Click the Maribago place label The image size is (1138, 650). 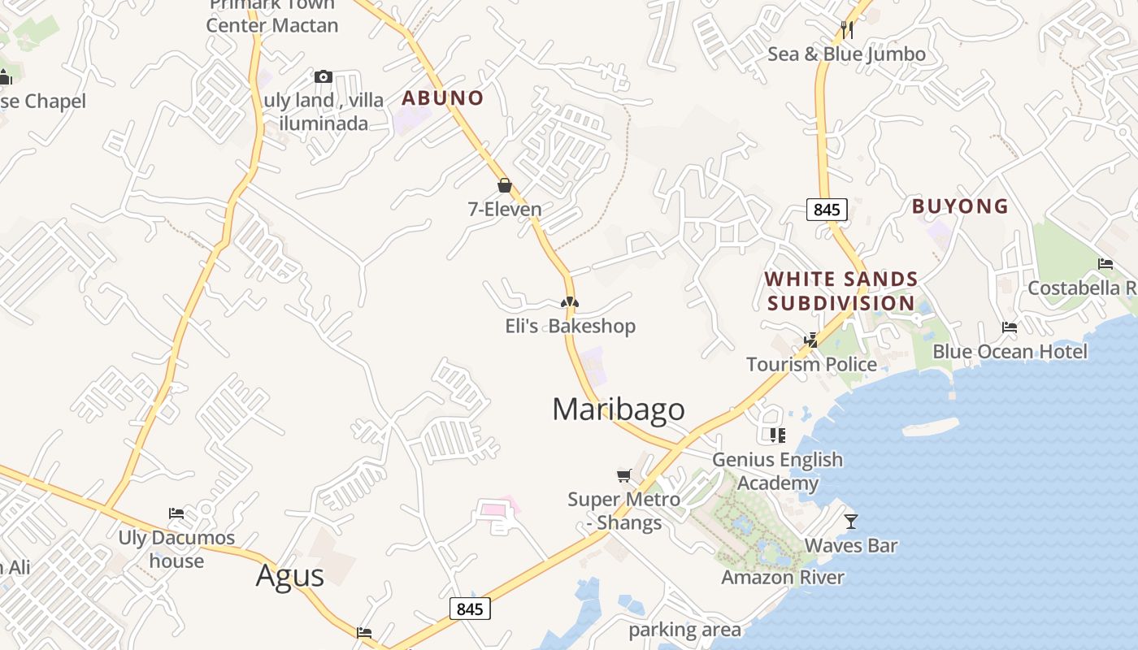point(619,409)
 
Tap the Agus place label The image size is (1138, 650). point(290,575)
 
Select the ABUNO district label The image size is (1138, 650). point(443,98)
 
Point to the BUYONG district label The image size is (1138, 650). point(960,206)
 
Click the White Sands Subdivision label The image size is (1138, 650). point(841,291)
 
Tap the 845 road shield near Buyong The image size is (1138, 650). point(827,210)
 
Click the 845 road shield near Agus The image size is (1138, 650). point(470,609)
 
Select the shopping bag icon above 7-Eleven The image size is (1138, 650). point(505,186)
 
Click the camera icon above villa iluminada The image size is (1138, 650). point(324,77)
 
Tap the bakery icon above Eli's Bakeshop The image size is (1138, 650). point(570,302)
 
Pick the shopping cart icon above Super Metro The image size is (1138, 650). point(623,475)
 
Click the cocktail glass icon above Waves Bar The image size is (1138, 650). point(851,521)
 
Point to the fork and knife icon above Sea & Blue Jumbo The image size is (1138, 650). point(847,30)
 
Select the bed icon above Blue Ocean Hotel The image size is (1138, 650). point(1010,327)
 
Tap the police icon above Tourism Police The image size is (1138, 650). point(811,340)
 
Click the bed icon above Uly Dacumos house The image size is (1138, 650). point(176,513)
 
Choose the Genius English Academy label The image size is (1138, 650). point(778,471)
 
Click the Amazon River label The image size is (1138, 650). point(783,578)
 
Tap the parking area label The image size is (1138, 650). point(684,630)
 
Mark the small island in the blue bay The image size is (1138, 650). point(931,427)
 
